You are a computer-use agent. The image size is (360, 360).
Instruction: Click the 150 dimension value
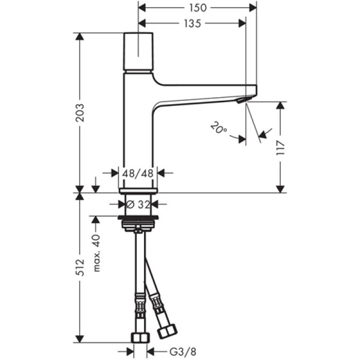pos(198,8)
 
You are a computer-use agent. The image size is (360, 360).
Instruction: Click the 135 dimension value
pos(191,23)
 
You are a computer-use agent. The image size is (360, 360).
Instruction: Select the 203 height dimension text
pos(79,113)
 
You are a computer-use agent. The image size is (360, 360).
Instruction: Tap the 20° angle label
pos(219,128)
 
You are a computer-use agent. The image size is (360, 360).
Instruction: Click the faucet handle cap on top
pos(139,52)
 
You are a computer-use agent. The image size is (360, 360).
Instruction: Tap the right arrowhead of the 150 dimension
pos(253,8)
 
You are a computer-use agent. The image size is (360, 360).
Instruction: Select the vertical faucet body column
pos(138,134)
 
